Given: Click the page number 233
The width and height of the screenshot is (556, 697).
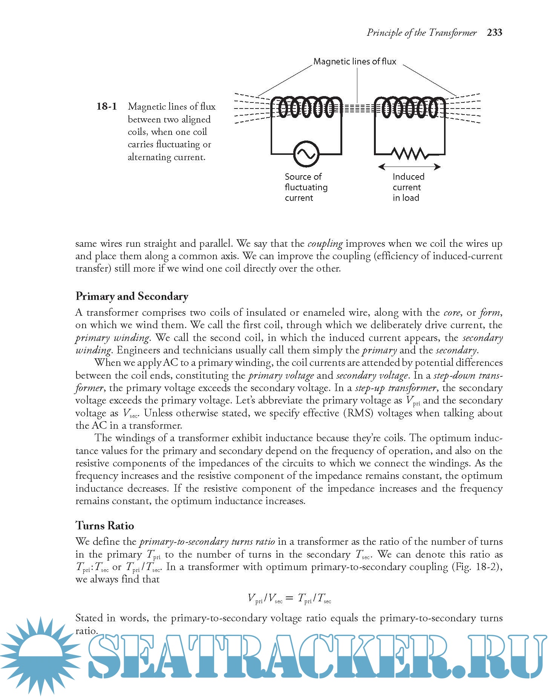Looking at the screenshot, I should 494,32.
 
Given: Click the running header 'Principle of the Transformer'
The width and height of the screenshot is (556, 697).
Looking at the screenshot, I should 421,33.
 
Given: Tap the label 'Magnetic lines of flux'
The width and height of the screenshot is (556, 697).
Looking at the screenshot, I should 355,61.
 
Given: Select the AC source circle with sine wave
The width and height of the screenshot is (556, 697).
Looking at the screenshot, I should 306,153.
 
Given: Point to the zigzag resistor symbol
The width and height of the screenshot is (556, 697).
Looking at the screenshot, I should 409,153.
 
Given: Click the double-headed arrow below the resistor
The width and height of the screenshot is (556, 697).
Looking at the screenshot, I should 409,167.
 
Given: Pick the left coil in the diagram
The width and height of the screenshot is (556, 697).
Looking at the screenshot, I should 306,108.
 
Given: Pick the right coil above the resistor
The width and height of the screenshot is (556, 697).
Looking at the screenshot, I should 409,108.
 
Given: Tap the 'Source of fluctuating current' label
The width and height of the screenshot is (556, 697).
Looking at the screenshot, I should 306,187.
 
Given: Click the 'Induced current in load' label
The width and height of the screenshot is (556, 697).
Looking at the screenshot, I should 408,187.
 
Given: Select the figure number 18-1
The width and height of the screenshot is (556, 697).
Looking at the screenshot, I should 106,107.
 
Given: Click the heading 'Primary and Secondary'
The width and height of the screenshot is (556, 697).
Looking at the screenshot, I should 132,296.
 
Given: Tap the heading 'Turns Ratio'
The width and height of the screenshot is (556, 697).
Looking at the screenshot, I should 105,526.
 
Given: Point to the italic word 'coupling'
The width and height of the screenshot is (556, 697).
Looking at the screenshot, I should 325,244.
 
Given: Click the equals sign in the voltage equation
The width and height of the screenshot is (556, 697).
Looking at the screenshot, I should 289,598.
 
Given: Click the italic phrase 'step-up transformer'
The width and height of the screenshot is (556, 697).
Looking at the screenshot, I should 395,388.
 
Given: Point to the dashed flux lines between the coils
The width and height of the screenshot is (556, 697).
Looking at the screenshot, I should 358,109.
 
